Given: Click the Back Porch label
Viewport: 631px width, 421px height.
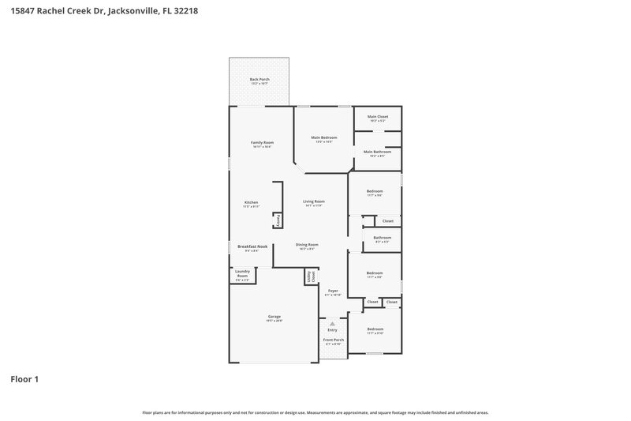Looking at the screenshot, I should click(x=259, y=79).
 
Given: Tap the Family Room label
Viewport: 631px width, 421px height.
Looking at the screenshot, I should click(x=262, y=142).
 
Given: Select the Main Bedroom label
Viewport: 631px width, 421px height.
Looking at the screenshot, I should click(x=323, y=138).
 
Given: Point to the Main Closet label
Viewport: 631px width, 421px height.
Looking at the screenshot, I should click(x=377, y=117).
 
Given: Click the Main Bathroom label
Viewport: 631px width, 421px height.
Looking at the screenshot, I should click(x=377, y=152).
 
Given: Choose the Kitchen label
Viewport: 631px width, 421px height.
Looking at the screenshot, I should click(x=251, y=203).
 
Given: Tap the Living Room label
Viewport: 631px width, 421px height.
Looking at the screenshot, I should click(x=314, y=201).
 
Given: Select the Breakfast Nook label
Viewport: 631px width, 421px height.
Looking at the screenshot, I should click(x=252, y=246).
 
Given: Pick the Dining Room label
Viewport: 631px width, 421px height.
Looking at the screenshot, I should click(x=307, y=245).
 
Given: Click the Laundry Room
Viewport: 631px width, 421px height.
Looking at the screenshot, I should click(x=242, y=274).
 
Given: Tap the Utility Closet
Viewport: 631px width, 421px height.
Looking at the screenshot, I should click(x=311, y=276).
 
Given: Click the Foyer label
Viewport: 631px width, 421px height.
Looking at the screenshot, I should click(x=332, y=291).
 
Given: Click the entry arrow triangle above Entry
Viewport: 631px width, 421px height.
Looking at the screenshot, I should click(x=332, y=323).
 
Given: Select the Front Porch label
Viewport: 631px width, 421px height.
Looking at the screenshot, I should click(x=333, y=340).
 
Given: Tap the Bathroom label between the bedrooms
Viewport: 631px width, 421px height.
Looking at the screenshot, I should click(x=382, y=237).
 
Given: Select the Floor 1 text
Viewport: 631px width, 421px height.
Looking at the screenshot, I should click(x=24, y=379).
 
